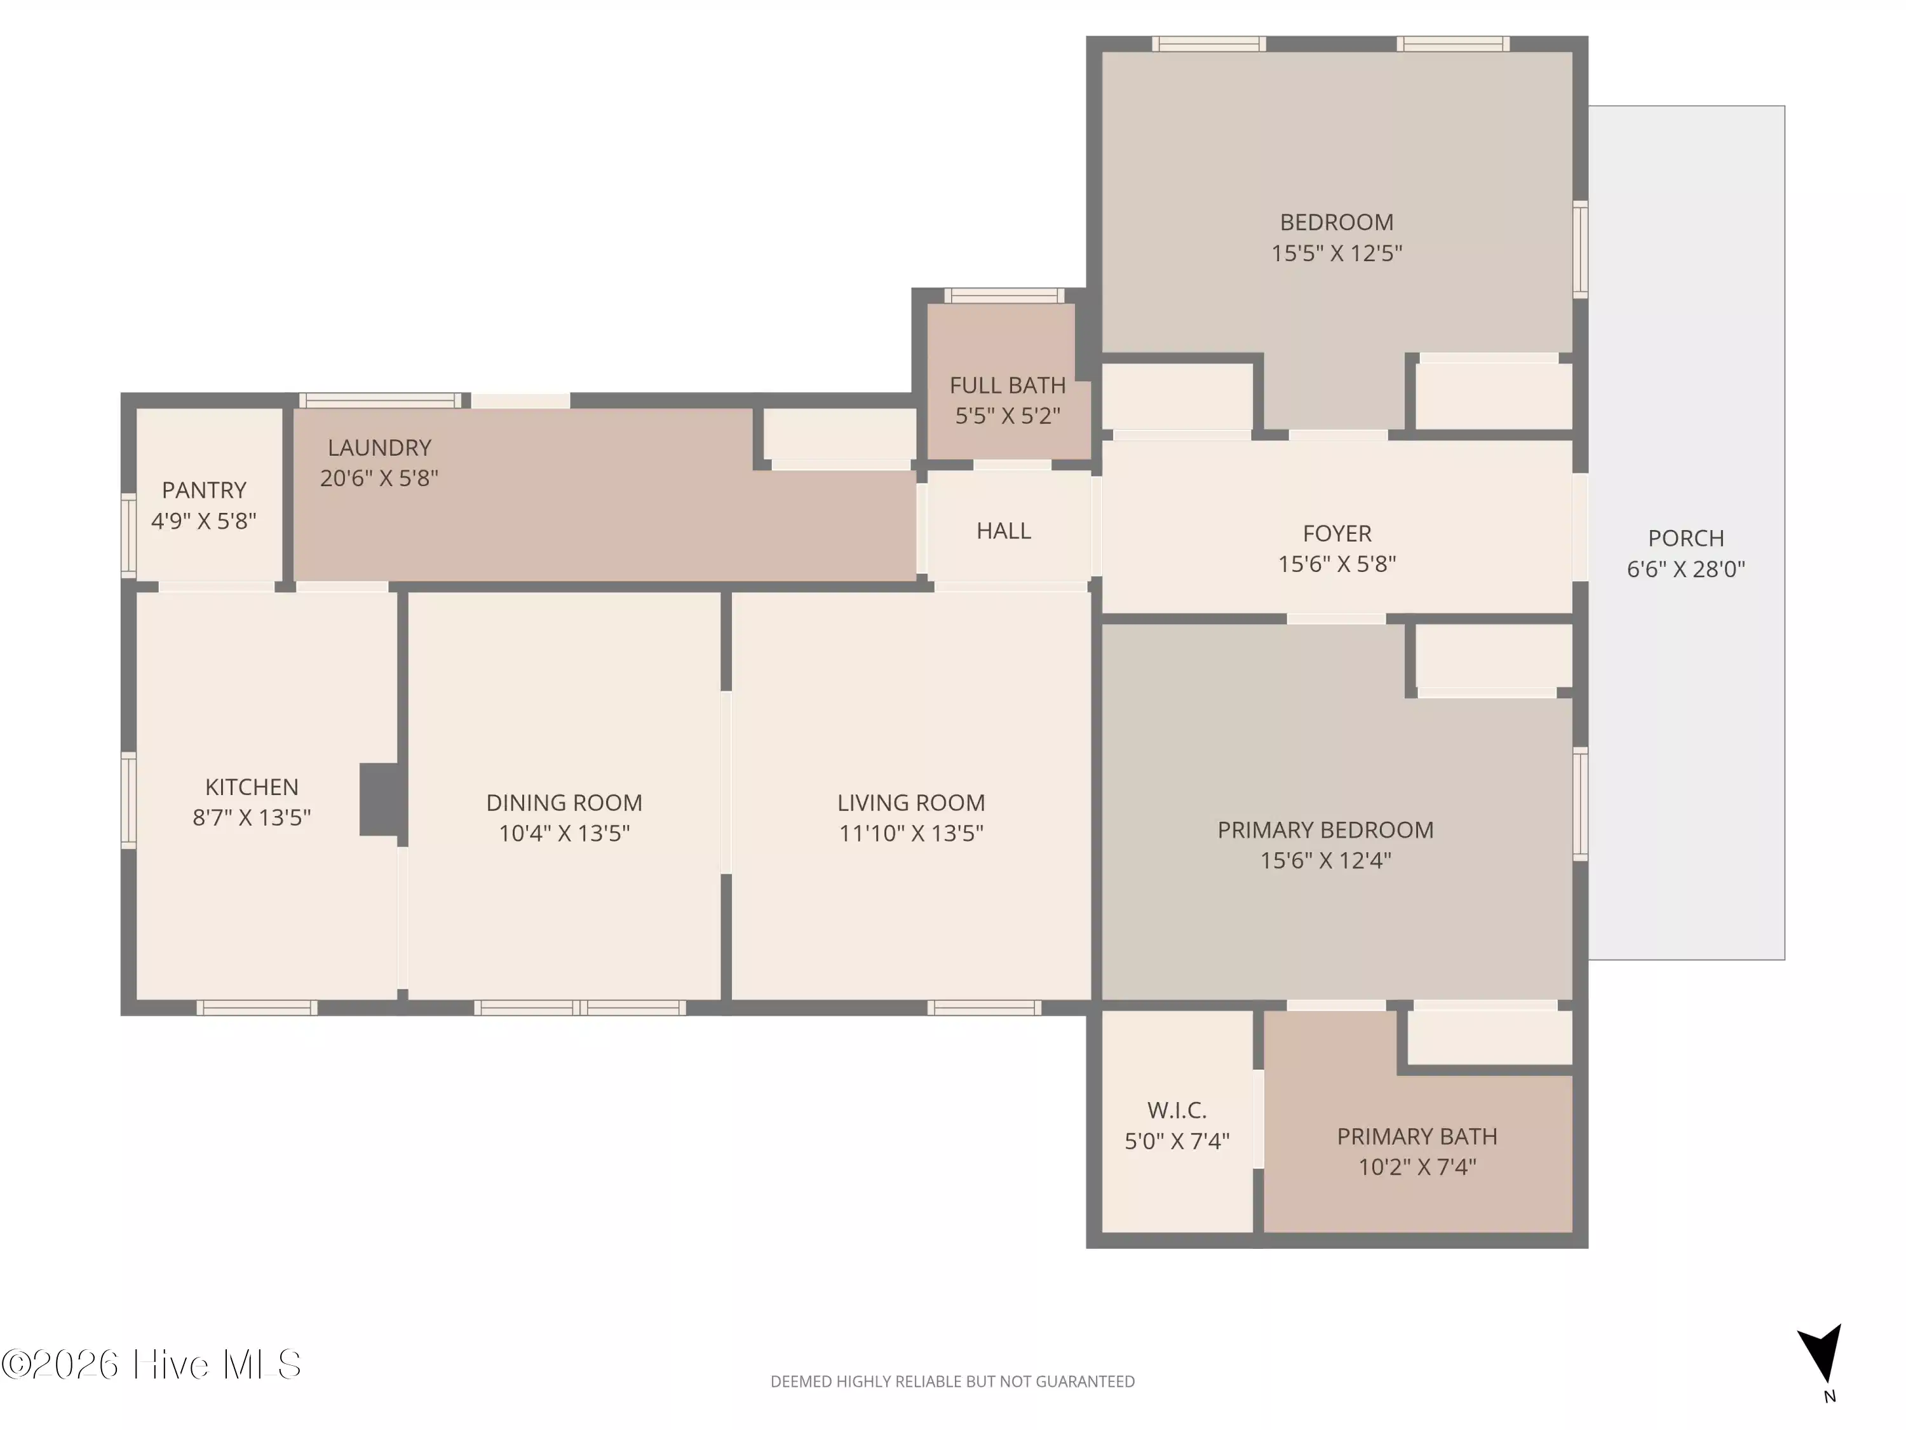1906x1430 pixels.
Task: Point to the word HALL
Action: coord(1004,531)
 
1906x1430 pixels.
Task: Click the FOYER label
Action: coord(1337,534)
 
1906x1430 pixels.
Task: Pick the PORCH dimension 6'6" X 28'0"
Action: coord(1686,569)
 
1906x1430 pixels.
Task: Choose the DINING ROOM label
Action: coord(564,803)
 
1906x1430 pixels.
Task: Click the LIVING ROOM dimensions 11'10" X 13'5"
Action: coord(912,833)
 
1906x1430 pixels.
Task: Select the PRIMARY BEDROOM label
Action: coord(1326,830)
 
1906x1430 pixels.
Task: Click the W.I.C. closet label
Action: coord(1177,1110)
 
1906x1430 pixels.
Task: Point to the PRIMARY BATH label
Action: coord(1417,1137)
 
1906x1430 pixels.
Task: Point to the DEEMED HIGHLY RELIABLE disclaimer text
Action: coord(952,1382)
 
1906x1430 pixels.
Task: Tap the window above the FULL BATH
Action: coord(1004,296)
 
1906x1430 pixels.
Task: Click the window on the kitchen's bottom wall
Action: coord(257,1007)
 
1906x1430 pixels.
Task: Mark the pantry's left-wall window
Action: coord(128,535)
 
